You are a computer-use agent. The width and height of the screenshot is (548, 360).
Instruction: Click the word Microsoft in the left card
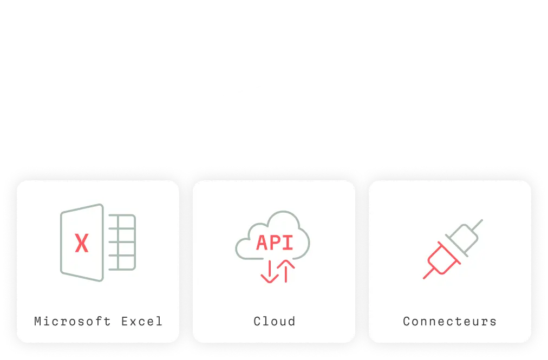pyautogui.click(x=73, y=321)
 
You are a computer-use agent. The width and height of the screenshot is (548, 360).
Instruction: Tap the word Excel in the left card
pyautogui.click(x=142, y=321)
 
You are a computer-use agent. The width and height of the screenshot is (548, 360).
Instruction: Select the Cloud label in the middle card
pyautogui.click(x=275, y=321)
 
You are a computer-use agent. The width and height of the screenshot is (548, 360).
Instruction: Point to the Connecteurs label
pyautogui.click(x=449, y=321)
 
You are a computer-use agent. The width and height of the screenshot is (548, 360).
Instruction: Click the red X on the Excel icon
pyautogui.click(x=81, y=243)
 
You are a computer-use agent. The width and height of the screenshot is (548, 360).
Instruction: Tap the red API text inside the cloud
pyautogui.click(x=275, y=243)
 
